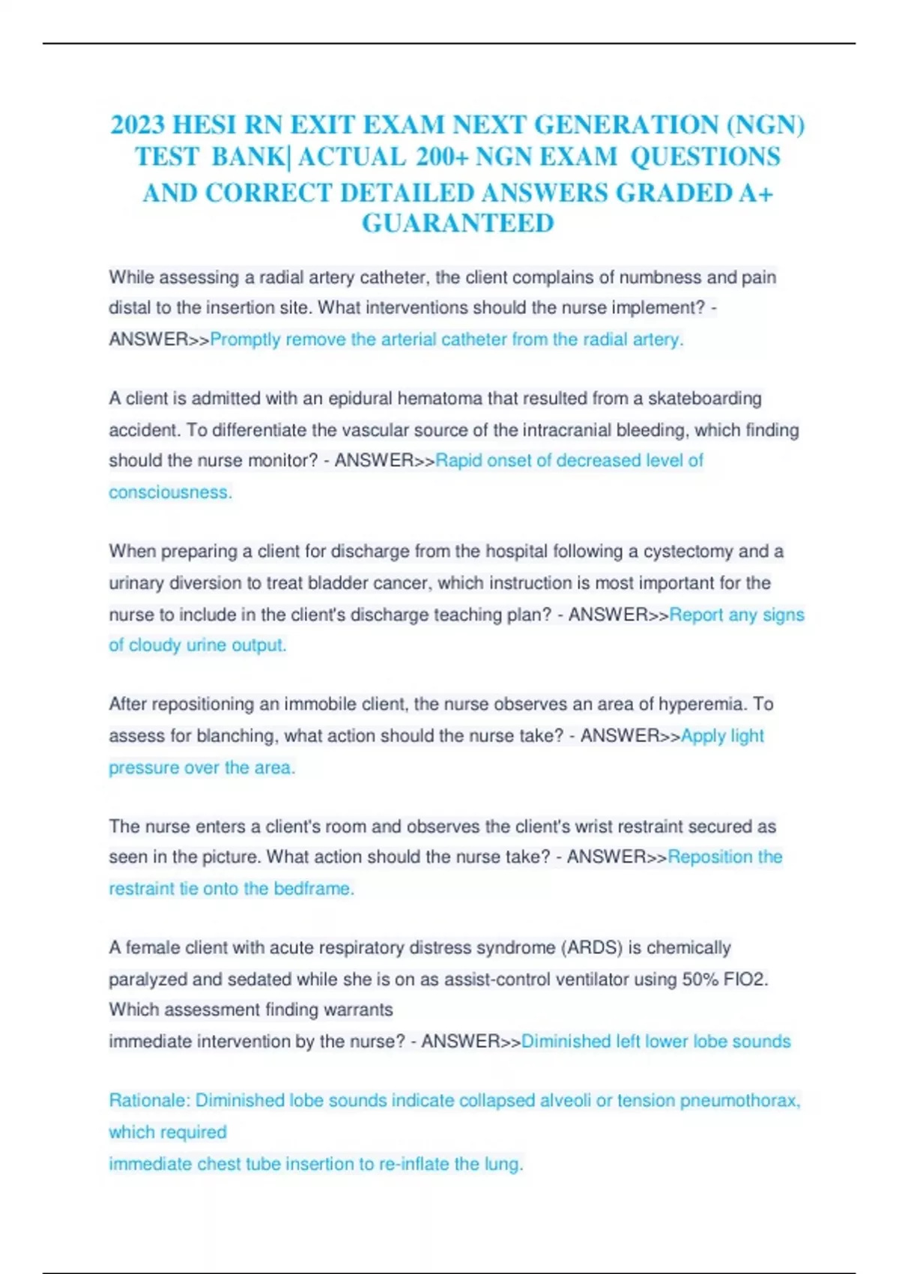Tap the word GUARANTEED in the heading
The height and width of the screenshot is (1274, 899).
(x=458, y=223)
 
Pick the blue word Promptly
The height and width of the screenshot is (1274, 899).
(x=245, y=339)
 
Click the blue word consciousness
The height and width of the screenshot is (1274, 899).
(x=169, y=492)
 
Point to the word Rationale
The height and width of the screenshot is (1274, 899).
(x=148, y=1101)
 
